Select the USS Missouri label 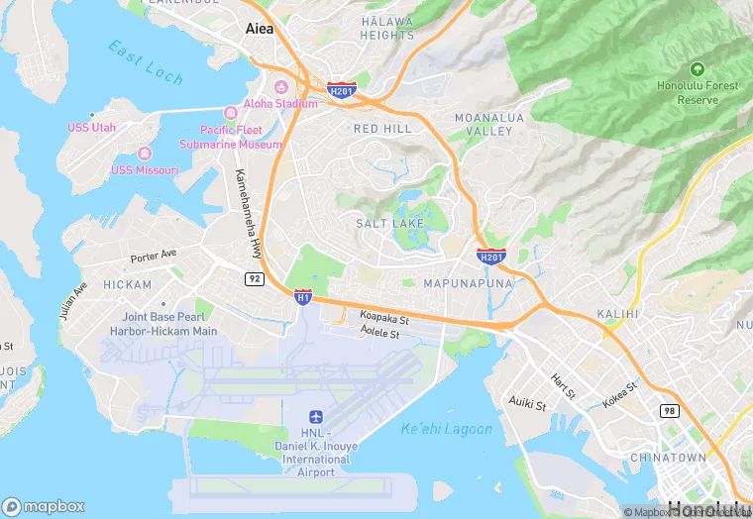[x=145, y=169]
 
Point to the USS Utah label [x=91, y=128]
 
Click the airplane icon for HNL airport [x=316, y=416]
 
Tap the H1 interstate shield [x=303, y=296]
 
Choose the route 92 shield [x=254, y=279]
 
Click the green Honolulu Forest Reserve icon [x=697, y=68]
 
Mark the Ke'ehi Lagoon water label [x=446, y=429]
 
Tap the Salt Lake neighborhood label [x=390, y=224]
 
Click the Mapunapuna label [x=468, y=283]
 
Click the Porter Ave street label [x=153, y=257]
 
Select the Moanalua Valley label [x=484, y=124]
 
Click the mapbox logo [x=44, y=505]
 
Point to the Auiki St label [x=526, y=403]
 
